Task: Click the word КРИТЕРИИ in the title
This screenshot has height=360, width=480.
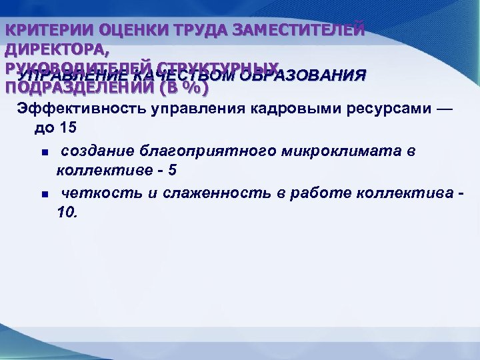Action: [47, 31]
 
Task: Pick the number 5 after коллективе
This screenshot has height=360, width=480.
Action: [172, 171]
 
